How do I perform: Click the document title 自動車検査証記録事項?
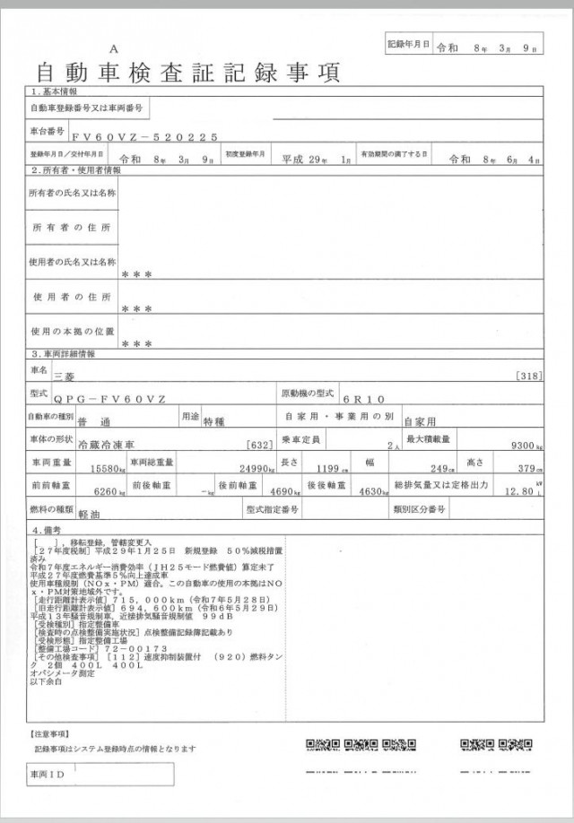coord(188,72)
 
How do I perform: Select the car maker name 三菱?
coord(65,377)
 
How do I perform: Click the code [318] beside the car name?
coord(529,377)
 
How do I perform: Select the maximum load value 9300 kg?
coord(525,445)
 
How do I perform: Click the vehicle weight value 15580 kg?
coord(105,468)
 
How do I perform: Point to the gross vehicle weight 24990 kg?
coord(251,468)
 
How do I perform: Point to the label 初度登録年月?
coord(245,154)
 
